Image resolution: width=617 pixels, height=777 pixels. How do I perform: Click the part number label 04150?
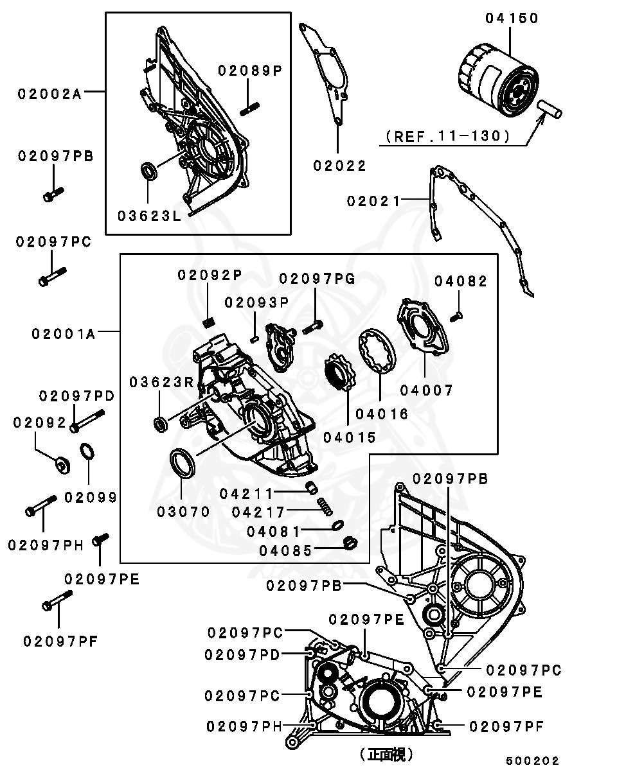click(x=512, y=18)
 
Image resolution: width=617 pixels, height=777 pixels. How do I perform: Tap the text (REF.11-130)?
click(x=448, y=136)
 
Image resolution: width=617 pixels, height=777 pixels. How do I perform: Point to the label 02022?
click(x=339, y=166)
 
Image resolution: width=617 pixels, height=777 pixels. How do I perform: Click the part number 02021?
click(x=373, y=201)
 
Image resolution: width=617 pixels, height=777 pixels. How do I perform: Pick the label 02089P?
click(x=250, y=71)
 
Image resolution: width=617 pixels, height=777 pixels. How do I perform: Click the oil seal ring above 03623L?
click(x=149, y=171)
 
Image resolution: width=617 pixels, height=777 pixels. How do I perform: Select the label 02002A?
click(x=49, y=94)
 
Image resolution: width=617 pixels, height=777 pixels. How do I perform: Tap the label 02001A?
click(x=63, y=334)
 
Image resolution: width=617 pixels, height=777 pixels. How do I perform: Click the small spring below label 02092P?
click(x=208, y=320)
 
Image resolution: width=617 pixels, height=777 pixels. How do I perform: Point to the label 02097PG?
click(x=317, y=278)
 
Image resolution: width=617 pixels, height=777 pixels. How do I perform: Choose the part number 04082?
click(x=461, y=281)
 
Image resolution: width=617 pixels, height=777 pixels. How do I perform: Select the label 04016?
click(x=382, y=414)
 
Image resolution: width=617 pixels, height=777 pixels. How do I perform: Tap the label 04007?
click(x=427, y=390)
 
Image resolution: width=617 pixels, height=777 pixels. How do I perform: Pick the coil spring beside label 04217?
click(x=326, y=509)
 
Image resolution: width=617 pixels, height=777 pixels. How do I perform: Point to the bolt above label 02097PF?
click(x=57, y=601)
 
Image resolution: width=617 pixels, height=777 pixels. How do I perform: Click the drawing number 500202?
click(x=532, y=761)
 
